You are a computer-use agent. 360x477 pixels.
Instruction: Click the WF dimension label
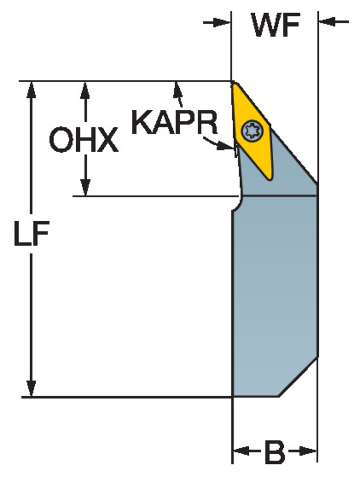tap(276, 25)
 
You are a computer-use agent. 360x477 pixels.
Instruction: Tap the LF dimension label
tap(31, 234)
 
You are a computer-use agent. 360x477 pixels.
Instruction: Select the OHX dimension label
tap(84, 140)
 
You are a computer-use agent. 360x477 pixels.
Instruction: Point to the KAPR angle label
tap(175, 123)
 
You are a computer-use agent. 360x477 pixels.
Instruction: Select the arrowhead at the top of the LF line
tap(31, 89)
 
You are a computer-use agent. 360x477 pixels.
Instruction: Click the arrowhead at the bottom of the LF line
tap(31, 389)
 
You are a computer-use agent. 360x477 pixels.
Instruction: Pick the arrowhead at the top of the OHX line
tap(85, 89)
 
